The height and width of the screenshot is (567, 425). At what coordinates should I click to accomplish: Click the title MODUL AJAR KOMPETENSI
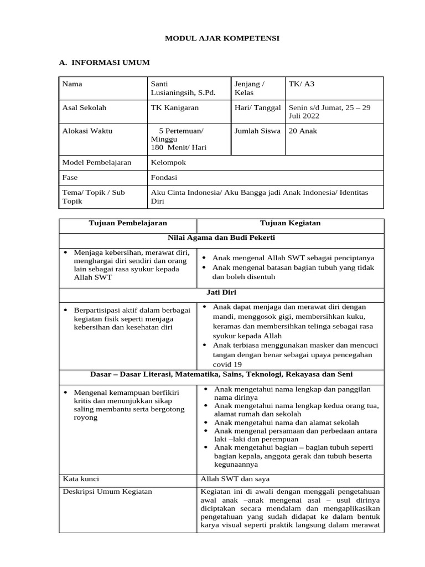(x=222, y=38)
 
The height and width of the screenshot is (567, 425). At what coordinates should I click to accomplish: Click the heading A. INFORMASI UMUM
(x=105, y=63)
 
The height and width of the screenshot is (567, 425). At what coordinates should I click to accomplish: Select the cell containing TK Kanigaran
(x=174, y=107)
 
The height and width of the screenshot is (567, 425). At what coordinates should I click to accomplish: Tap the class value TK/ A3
(x=301, y=84)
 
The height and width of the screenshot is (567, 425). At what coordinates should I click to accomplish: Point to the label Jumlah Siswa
(x=257, y=131)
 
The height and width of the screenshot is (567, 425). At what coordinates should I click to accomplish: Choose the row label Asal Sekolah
(x=84, y=107)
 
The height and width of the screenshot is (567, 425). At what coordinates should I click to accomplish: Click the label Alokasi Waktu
(x=87, y=131)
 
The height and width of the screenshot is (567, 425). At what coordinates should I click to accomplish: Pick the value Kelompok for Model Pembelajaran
(x=168, y=163)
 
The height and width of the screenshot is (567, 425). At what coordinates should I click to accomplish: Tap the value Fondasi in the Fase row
(x=164, y=178)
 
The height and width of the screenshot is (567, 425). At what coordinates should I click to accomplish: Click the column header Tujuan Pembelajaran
(x=128, y=223)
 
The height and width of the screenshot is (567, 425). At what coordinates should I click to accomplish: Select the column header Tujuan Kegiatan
(x=291, y=223)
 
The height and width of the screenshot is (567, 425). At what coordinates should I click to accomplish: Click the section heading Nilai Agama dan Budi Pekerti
(x=221, y=238)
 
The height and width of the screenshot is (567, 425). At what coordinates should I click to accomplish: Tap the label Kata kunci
(x=81, y=479)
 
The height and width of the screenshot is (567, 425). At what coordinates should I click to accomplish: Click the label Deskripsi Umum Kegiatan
(x=107, y=492)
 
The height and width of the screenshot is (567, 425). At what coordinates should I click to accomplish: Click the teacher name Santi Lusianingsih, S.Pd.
(x=183, y=89)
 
